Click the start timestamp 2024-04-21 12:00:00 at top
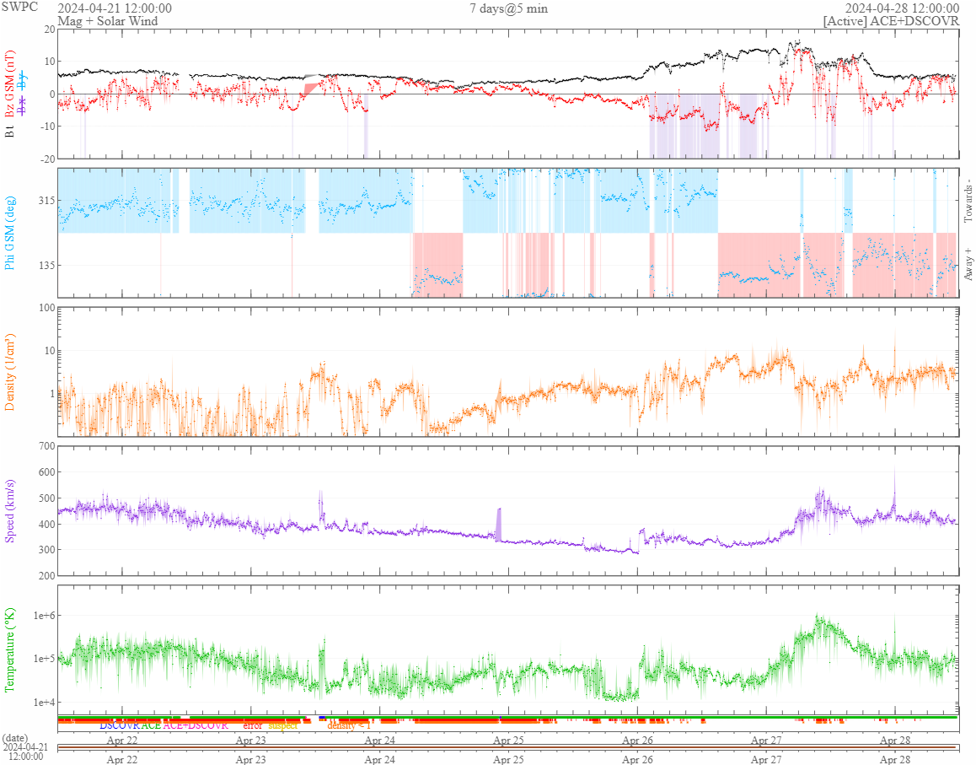click(x=115, y=8)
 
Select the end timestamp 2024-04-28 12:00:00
click(x=902, y=8)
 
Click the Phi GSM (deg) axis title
click(x=11, y=233)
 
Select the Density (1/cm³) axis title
click(x=11, y=371)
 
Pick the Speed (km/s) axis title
click(x=11, y=509)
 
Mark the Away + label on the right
click(x=968, y=265)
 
